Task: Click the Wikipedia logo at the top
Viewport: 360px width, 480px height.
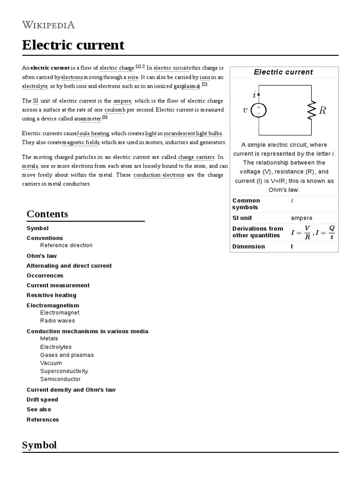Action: [x=48, y=25]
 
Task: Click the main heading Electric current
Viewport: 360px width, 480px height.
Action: [x=73, y=45]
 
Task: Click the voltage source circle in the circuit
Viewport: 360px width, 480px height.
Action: [x=259, y=110]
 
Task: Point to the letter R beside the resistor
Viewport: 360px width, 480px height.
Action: [x=322, y=111]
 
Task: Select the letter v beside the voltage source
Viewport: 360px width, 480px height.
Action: [x=245, y=111]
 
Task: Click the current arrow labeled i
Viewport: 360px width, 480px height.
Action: [x=257, y=95]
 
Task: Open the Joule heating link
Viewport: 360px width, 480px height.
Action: [x=93, y=134]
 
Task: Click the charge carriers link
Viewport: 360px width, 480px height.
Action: [x=196, y=157]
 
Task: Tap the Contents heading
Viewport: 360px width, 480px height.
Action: [x=47, y=214]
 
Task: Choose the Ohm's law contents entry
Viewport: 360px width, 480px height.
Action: [x=42, y=256]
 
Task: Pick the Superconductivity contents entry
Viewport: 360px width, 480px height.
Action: [x=64, y=371]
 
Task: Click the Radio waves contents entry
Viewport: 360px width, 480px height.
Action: [x=57, y=321]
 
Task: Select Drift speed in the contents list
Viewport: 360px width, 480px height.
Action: [x=42, y=400]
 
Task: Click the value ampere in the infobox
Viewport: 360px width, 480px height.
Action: [x=301, y=218]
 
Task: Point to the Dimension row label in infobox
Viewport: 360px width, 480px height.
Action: [x=248, y=247]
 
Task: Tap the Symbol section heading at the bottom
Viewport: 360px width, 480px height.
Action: [x=39, y=445]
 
